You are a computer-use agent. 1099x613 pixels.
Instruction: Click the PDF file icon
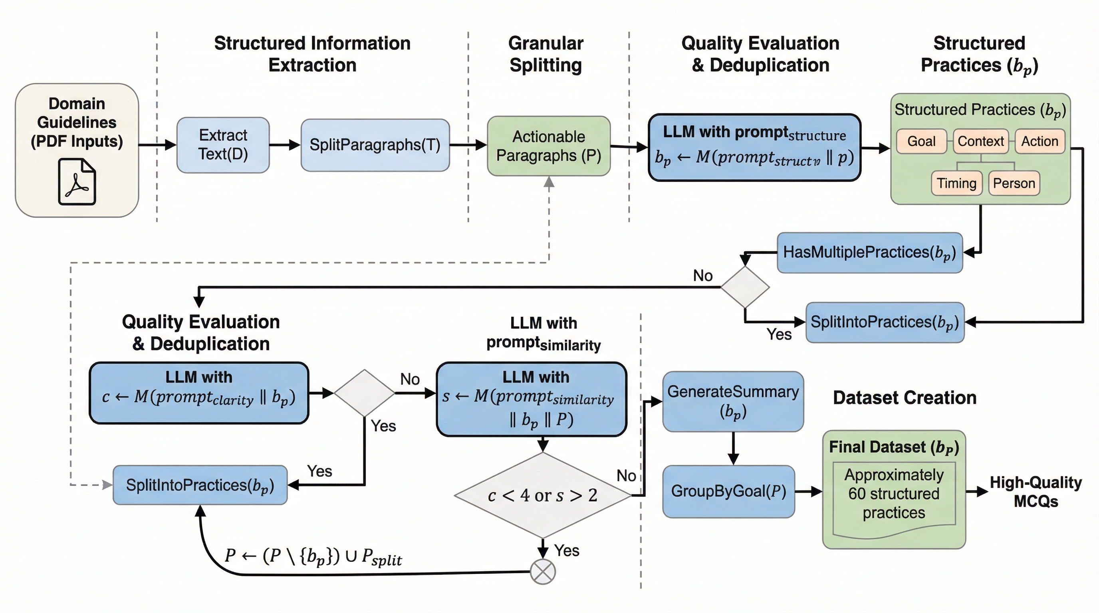tap(77, 182)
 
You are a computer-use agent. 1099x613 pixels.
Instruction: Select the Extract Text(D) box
tap(223, 145)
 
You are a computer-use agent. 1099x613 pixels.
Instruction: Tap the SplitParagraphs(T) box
tap(375, 145)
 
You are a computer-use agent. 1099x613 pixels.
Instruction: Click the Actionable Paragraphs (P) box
tap(549, 146)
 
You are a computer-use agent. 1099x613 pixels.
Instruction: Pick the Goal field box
tap(921, 141)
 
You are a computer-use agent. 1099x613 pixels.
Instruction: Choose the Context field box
tap(980, 141)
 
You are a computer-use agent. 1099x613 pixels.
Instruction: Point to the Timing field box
tap(956, 183)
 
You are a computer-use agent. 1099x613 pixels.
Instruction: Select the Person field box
tap(1014, 183)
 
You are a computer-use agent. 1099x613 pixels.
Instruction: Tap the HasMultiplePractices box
tap(869, 252)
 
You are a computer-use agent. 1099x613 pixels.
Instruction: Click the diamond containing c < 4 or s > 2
tap(542, 495)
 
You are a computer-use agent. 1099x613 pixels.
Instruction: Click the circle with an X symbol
tap(543, 571)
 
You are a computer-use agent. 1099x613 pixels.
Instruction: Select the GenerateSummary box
tap(733, 401)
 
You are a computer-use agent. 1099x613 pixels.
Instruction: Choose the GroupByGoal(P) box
tap(729, 492)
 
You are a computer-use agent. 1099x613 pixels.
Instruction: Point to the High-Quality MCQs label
tap(1036, 492)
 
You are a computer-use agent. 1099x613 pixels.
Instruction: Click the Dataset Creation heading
tap(905, 398)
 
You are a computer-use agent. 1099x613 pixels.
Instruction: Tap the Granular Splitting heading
tap(546, 54)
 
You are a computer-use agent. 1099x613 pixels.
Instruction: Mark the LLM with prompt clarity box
tap(199, 393)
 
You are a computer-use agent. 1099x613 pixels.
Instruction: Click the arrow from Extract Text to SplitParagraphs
tap(285, 145)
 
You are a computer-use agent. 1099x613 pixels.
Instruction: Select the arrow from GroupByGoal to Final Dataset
tap(808, 492)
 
